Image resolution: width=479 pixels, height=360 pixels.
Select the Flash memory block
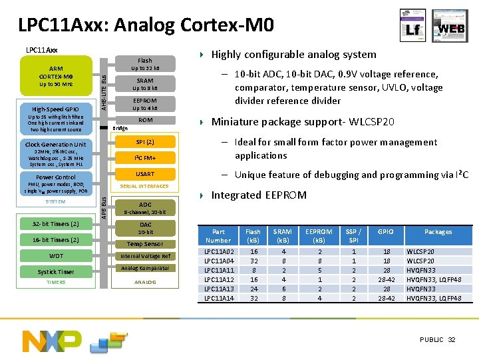point(144,64)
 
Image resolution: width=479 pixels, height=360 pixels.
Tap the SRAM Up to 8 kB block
point(144,84)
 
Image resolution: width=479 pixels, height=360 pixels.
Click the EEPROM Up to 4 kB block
point(144,104)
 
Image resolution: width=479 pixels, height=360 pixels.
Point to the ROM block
point(144,121)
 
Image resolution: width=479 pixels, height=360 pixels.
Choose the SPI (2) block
point(144,142)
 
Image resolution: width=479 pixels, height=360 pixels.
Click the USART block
point(144,174)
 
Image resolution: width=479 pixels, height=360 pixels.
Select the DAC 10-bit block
point(144,228)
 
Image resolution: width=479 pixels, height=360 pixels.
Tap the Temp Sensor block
point(144,244)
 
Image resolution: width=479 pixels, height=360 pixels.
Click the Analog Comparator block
point(144,268)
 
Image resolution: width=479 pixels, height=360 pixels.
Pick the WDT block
point(56,256)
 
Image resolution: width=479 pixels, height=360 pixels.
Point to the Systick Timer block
point(56,272)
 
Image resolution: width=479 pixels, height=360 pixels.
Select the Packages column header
point(437,232)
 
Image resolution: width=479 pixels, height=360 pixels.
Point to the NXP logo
point(52,340)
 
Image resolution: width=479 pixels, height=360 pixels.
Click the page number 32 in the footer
point(452,340)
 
